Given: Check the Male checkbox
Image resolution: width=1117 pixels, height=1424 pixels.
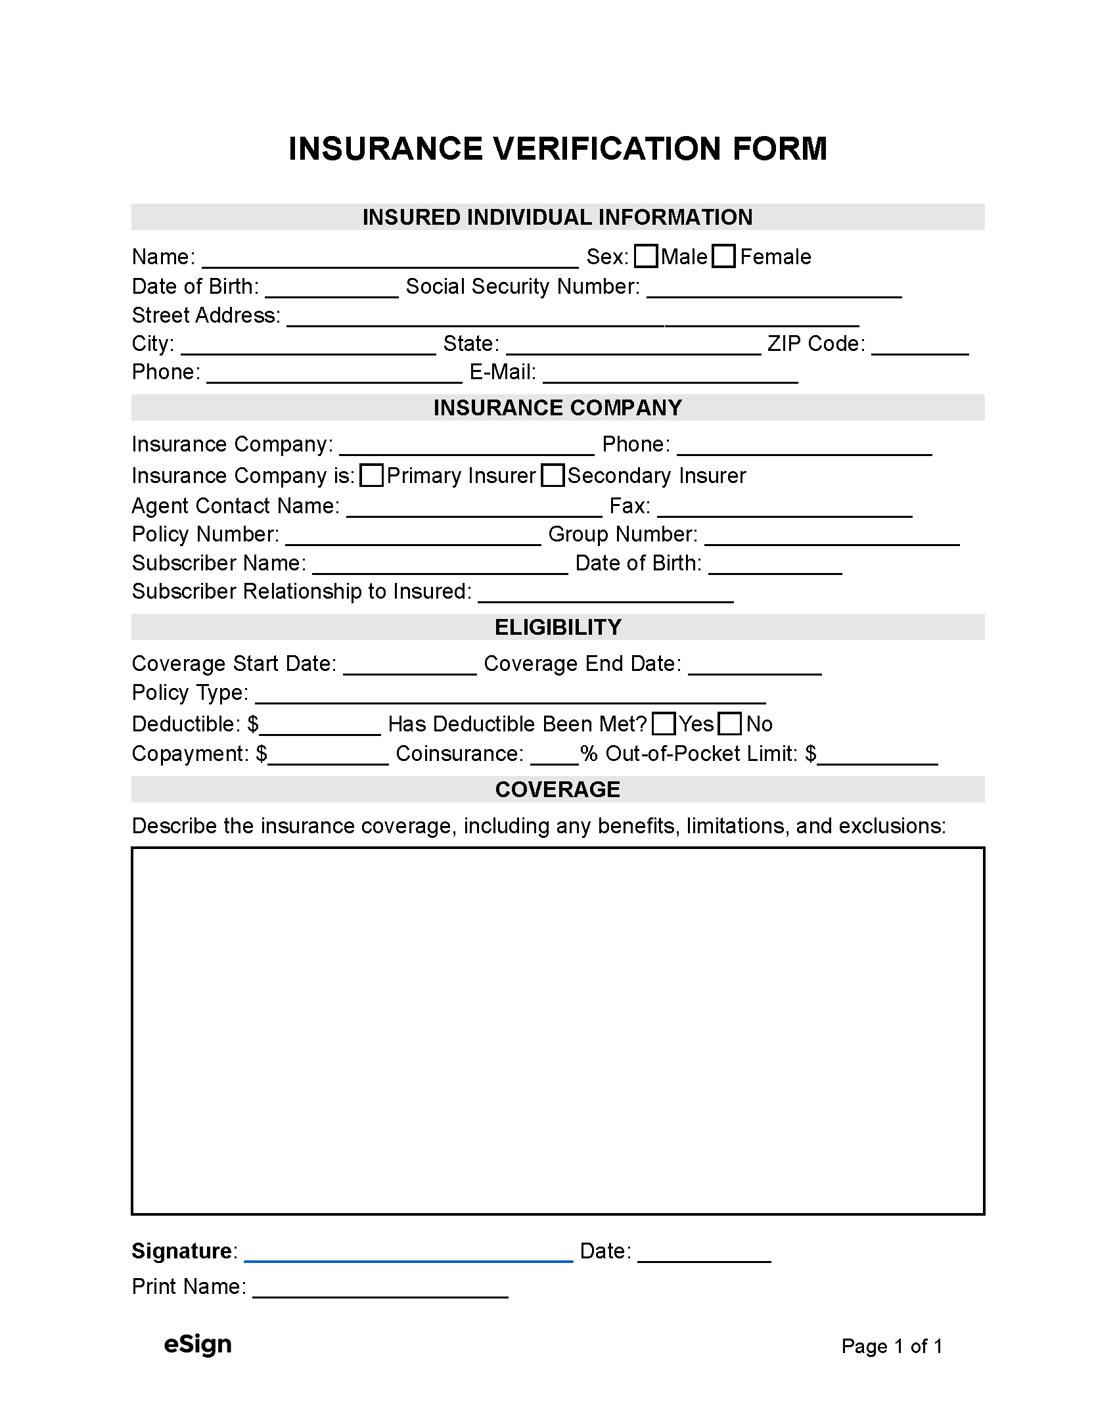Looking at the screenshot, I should coord(646,256).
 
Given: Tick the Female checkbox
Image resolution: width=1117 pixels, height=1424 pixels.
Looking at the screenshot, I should coord(723,256).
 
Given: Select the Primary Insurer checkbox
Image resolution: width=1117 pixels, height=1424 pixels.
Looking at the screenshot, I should coord(372,475).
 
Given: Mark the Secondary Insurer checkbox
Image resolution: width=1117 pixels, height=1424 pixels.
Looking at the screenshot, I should coord(553,475).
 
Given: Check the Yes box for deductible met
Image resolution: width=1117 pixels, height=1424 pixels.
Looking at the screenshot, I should coord(664,723).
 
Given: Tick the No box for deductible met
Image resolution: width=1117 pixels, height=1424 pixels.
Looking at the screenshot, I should coord(730,723).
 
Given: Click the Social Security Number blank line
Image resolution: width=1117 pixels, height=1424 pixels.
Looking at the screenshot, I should coord(774,289).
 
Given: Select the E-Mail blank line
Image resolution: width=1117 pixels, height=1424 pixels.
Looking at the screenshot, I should coord(670,375).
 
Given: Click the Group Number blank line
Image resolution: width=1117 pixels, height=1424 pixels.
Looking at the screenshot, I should coord(832,537).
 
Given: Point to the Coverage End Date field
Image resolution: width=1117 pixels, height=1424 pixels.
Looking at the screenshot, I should coord(755,666).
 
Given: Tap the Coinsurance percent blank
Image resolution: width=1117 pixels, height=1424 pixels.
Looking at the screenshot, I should coord(554,756).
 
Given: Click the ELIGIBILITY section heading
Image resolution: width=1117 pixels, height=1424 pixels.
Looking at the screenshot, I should coord(558,627).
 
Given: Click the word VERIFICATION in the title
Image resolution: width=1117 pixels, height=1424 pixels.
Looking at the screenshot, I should coord(608,149).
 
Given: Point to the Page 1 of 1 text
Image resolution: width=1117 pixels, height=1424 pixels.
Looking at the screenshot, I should coord(892,1346).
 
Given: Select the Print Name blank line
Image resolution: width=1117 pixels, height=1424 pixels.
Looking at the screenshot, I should coord(380,1289).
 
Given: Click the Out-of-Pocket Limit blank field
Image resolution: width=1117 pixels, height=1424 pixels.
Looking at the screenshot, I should coord(877,756).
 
